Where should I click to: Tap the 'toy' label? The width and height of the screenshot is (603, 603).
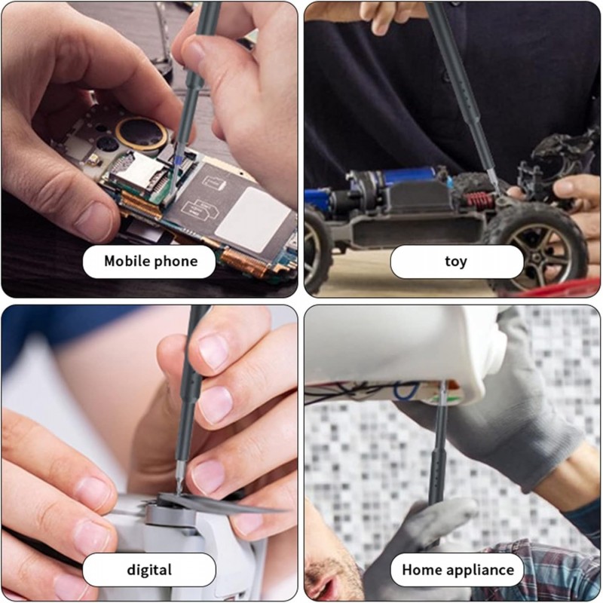tap(457, 262)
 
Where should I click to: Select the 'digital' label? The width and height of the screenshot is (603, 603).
tap(149, 570)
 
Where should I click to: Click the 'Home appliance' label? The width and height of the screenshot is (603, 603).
tap(458, 570)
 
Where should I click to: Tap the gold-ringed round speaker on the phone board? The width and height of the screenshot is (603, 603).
tap(142, 133)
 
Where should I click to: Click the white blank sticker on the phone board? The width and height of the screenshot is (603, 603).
tap(253, 219)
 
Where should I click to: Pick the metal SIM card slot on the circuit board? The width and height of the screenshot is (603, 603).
tap(136, 172)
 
